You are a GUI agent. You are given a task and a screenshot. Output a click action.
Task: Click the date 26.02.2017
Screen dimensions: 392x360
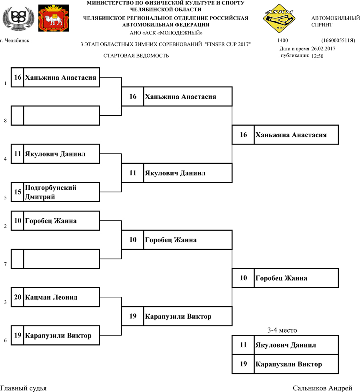[x=323, y=48]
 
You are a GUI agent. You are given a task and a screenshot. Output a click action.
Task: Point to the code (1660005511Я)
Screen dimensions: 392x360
[x=338, y=41]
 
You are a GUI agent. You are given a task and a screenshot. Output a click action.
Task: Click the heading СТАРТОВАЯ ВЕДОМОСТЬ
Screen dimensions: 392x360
[x=136, y=56]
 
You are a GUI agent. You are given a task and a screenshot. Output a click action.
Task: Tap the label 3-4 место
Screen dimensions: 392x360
[x=282, y=330]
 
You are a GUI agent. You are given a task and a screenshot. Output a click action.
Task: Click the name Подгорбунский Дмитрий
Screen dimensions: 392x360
[x=50, y=192]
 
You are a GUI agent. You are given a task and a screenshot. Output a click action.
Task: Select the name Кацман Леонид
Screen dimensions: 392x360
[x=51, y=298]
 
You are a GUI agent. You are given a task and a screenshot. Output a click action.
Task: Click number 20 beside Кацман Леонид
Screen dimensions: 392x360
[x=18, y=298]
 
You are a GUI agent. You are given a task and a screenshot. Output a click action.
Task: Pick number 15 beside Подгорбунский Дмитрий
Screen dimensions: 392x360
[x=18, y=192]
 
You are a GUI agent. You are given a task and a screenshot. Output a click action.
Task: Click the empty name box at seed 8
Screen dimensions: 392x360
[x=61, y=115]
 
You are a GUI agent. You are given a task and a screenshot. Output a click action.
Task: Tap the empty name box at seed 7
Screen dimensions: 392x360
[x=61, y=259]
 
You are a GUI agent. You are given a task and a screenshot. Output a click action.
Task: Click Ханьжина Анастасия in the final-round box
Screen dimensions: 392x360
[x=291, y=135]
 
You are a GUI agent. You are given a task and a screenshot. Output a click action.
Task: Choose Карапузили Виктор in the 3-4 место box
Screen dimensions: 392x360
[x=288, y=364]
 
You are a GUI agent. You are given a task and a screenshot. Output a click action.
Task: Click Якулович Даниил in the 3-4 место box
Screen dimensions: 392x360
[x=286, y=345]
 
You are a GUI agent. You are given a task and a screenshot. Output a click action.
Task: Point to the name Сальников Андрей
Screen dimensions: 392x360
[x=322, y=388]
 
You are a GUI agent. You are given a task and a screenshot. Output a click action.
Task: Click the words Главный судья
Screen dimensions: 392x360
[x=23, y=388]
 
